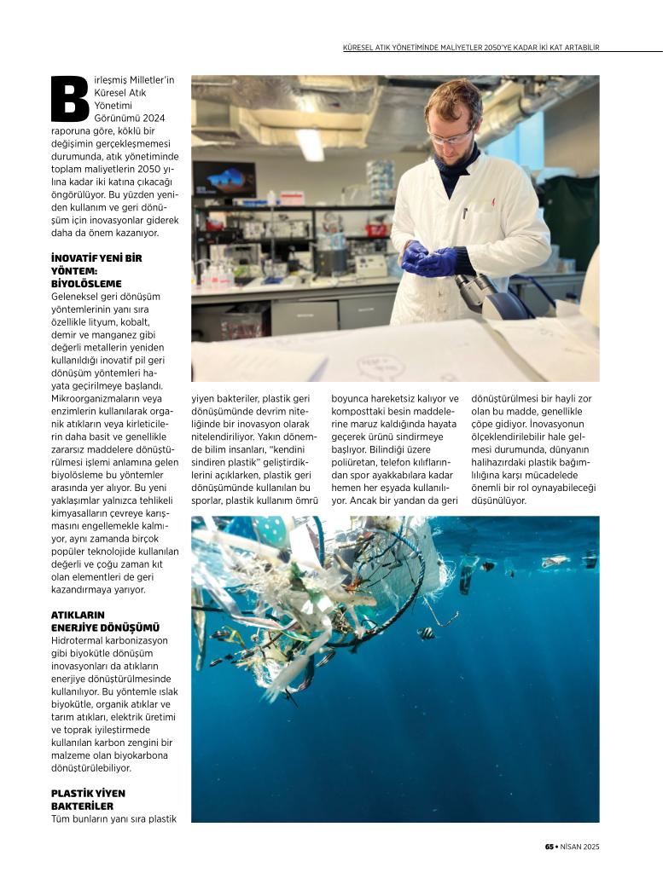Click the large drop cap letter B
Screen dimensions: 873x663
(70, 98)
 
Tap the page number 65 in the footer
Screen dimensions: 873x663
(550, 847)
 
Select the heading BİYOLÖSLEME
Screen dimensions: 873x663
(86, 283)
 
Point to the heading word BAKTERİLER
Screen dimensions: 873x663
(82, 806)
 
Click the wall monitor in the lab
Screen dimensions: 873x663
(224, 179)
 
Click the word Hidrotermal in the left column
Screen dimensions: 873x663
(79, 640)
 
